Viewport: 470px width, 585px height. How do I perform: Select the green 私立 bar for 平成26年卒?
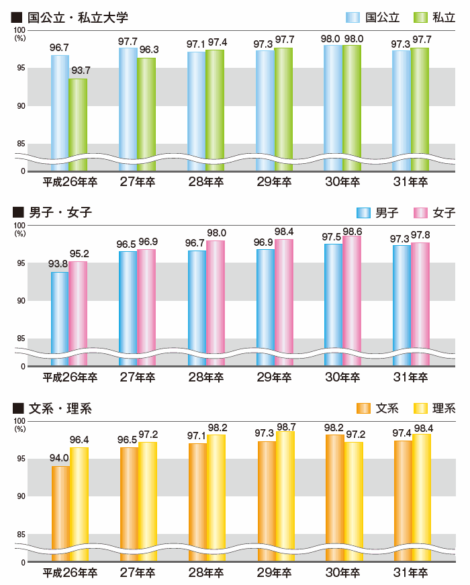[78, 121]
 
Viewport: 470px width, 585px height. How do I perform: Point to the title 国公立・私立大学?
[77, 17]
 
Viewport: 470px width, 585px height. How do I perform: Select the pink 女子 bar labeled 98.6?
[352, 296]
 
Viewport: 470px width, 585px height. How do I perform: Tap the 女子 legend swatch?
[420, 213]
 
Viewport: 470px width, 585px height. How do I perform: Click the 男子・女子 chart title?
[60, 213]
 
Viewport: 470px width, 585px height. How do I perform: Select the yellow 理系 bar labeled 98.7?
[285, 490]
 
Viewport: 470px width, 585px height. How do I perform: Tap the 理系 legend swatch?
[420, 408]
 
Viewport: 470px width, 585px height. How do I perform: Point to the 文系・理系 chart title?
[60, 408]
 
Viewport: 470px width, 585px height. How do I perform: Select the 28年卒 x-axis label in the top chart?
[206, 182]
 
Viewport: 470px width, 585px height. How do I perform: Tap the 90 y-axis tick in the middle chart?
[20, 301]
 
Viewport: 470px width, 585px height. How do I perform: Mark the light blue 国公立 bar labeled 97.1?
[197, 107]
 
